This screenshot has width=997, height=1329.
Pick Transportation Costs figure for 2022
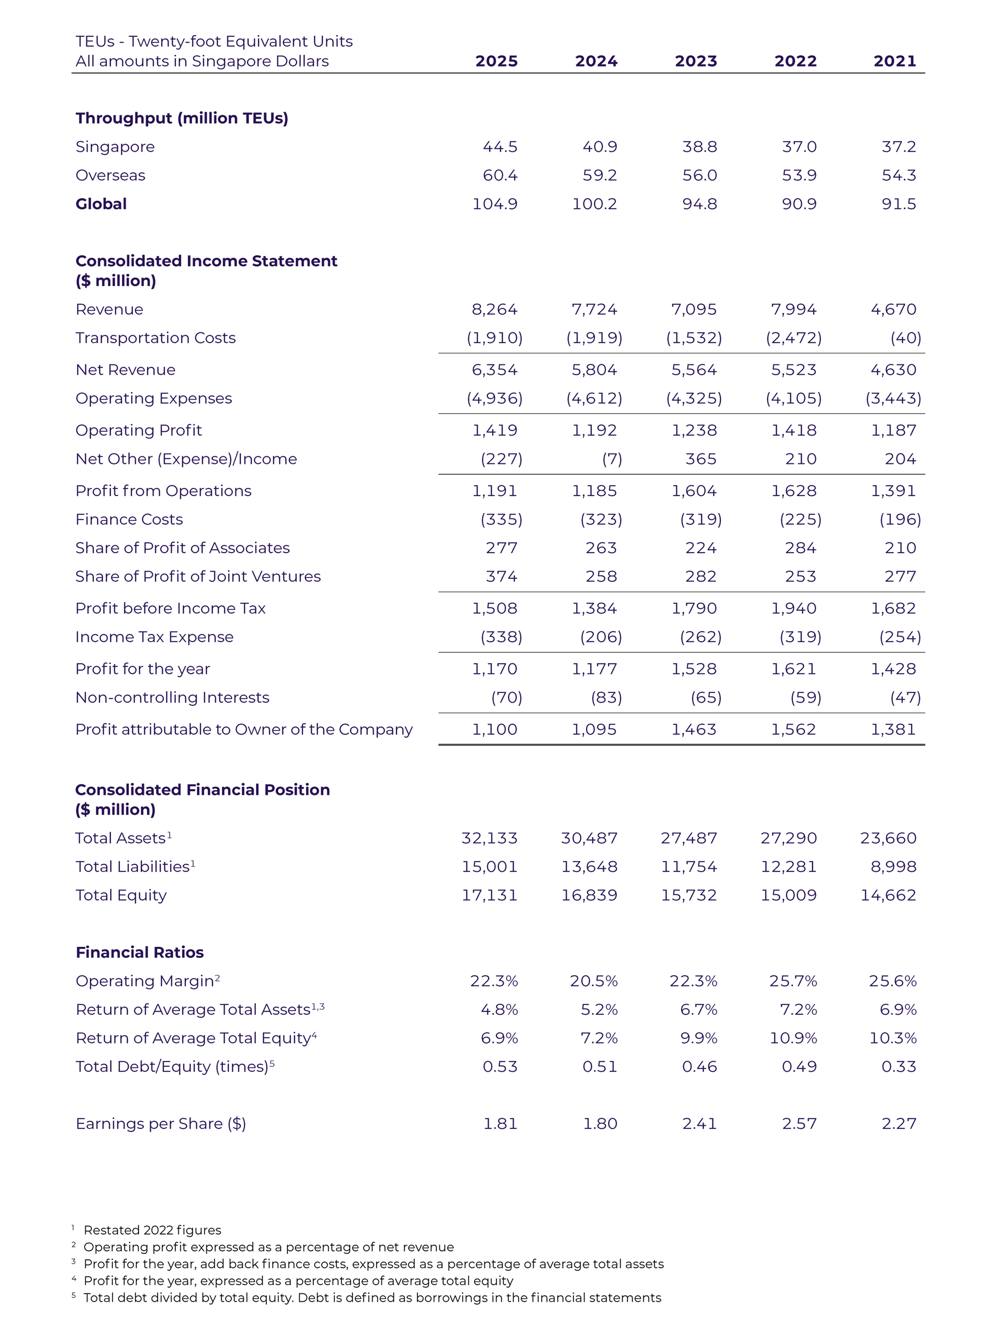(x=793, y=338)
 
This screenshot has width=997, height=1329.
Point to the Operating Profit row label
(x=139, y=430)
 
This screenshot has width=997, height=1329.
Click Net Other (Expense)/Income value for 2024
(x=612, y=459)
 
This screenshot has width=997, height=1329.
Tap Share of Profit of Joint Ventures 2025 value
(x=502, y=576)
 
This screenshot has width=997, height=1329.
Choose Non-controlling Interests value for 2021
(x=905, y=697)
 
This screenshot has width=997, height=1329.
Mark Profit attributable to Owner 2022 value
(x=793, y=729)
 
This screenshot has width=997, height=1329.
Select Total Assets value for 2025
(x=489, y=838)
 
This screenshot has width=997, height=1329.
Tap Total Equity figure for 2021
(x=888, y=895)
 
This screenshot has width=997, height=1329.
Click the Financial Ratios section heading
(x=139, y=952)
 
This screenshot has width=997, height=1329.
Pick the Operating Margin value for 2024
(x=593, y=981)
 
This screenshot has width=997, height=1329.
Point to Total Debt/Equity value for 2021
(x=899, y=1067)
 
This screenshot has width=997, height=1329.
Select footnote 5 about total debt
(x=372, y=1298)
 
